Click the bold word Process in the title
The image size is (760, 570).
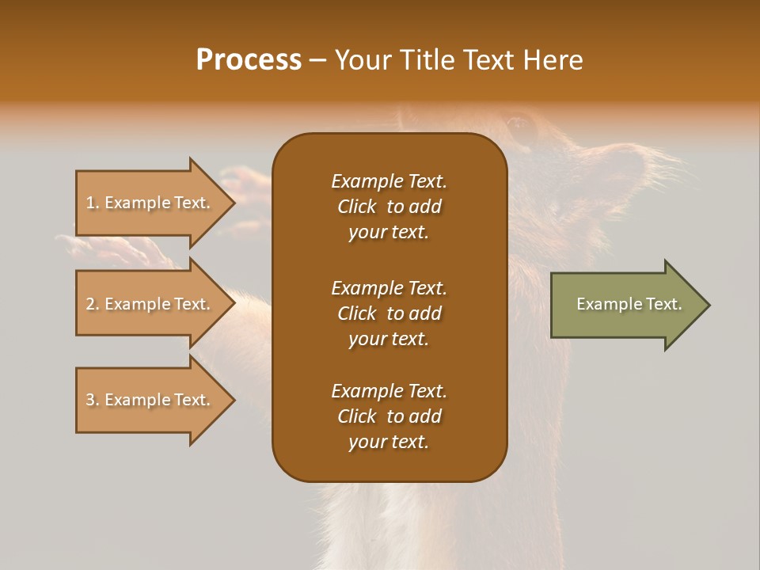point(249,60)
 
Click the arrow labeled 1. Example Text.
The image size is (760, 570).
point(150,203)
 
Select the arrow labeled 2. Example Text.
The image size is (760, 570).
point(150,304)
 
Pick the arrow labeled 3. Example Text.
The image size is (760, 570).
point(150,400)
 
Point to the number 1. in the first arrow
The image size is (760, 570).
point(93,203)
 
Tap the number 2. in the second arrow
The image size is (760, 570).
point(93,304)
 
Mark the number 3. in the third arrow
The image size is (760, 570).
point(93,400)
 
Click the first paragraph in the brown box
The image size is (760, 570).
point(389,207)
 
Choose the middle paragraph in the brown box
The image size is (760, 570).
point(389,313)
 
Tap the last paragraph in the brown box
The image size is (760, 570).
point(389,416)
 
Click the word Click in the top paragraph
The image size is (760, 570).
point(357,207)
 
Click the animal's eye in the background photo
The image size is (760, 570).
point(519,123)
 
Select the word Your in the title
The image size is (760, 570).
point(363,60)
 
